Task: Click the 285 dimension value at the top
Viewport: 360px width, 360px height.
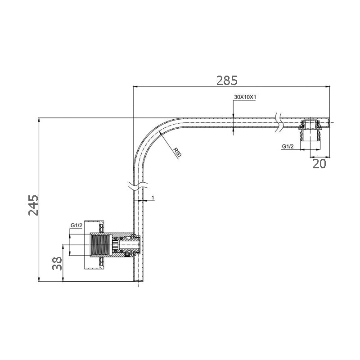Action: coord(227,81)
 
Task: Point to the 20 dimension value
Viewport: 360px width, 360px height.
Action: coord(319,164)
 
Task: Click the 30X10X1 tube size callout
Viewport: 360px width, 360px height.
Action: coord(245,97)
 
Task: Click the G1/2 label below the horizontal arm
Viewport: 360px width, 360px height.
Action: coord(288,147)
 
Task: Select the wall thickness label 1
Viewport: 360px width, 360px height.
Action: coord(153,198)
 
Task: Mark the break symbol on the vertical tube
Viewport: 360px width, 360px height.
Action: coord(138,185)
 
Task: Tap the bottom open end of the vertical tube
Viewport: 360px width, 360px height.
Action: coord(139,282)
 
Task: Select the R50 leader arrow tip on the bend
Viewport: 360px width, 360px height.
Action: coord(159,132)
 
